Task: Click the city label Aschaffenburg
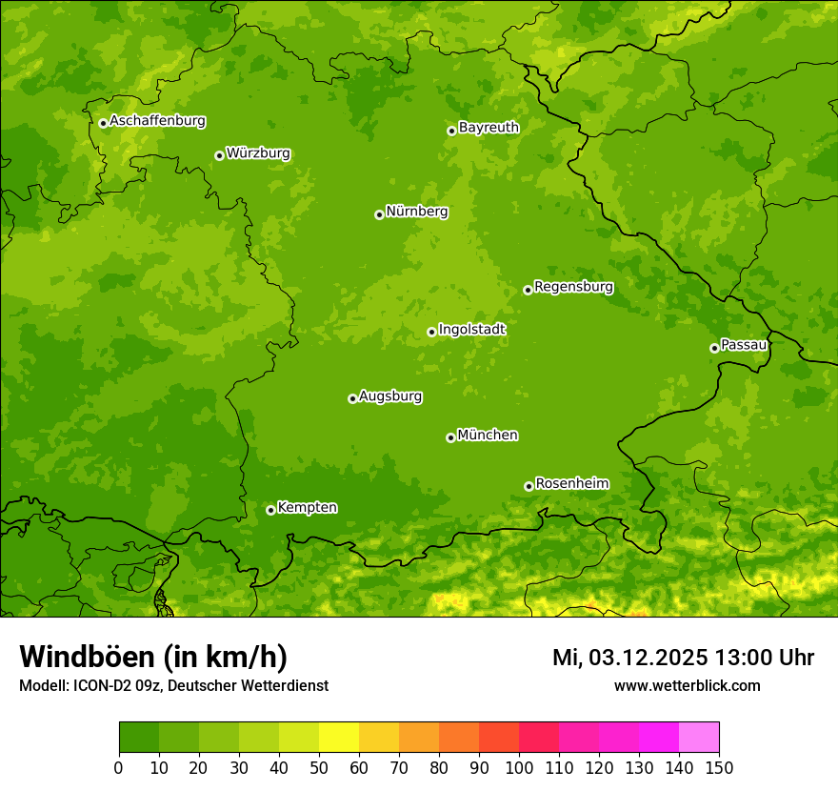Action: [157, 121]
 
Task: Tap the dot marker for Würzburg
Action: [219, 155]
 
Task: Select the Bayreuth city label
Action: [489, 127]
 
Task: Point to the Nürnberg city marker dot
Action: [379, 214]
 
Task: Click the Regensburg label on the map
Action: [573, 286]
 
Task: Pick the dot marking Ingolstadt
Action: [431, 332]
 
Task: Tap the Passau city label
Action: [744, 344]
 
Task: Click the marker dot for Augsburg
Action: [352, 398]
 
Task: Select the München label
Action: [488, 435]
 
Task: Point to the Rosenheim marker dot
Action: [529, 486]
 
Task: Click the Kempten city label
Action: [307, 507]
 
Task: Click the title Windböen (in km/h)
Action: [152, 657]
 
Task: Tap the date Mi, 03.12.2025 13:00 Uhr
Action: [683, 658]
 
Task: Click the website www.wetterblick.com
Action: [687, 685]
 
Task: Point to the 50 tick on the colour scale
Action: [319, 767]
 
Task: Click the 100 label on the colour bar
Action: [519, 767]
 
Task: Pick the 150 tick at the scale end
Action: [719, 767]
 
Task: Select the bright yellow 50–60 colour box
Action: [339, 738]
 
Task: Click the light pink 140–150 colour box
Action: [699, 738]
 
